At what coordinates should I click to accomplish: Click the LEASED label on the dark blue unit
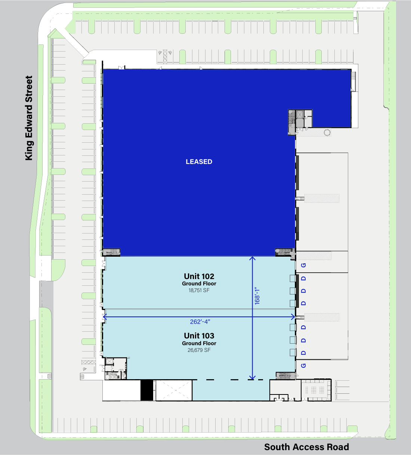tap(199, 162)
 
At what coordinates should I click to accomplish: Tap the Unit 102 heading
tap(199, 276)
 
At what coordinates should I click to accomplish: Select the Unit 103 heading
tap(199, 336)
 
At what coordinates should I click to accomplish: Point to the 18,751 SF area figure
tap(199, 290)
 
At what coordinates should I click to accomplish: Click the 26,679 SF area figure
tap(199, 350)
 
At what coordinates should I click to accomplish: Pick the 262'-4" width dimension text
tap(200, 322)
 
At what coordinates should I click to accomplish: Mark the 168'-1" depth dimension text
tap(257, 296)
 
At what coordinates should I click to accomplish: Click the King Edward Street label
tap(29, 118)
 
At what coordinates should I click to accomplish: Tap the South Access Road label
tap(306, 447)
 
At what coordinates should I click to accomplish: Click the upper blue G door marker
tap(303, 265)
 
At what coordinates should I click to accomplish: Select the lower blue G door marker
tap(303, 365)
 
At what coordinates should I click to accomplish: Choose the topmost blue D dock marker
tap(303, 278)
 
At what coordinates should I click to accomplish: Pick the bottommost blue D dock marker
tap(303, 353)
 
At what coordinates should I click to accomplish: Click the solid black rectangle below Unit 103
tap(147, 390)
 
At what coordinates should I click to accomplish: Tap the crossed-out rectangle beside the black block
tap(174, 390)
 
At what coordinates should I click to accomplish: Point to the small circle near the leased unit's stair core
tap(327, 133)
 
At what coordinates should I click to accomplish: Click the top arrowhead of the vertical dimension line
tap(253, 258)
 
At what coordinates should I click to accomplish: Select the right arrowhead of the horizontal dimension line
tap(293, 317)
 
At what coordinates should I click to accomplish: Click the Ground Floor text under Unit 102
tap(199, 284)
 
